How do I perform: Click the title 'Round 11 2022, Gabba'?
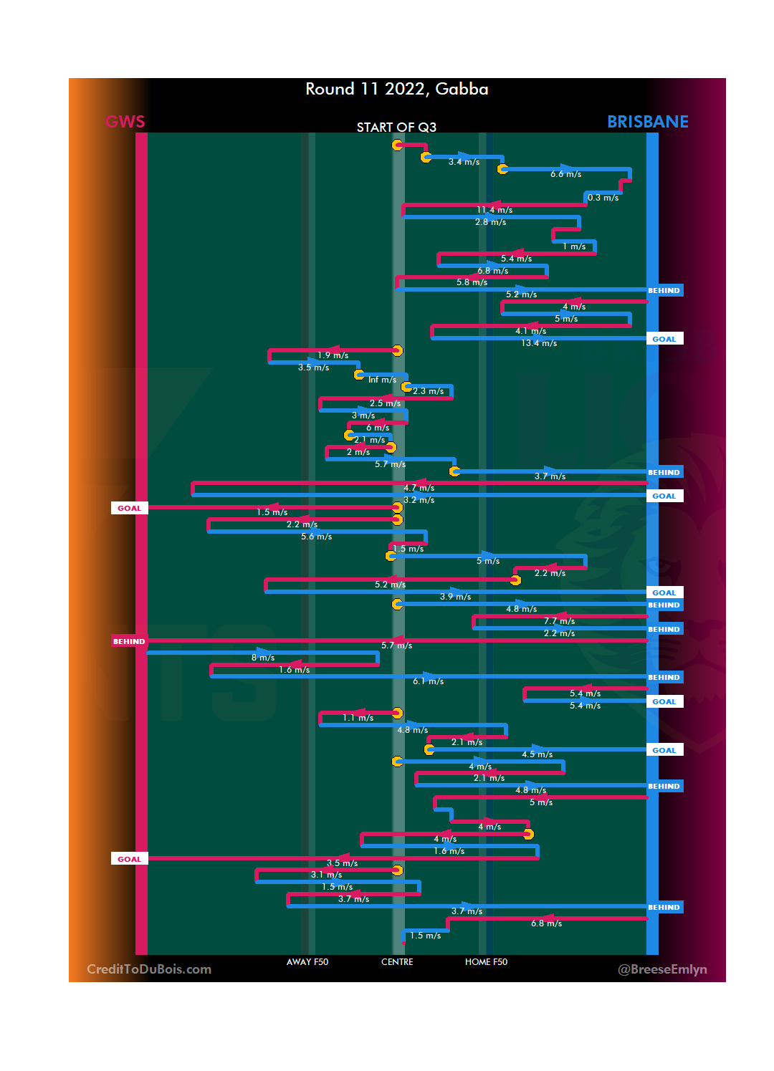[396, 89]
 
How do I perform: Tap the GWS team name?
[125, 122]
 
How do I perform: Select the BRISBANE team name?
[647, 122]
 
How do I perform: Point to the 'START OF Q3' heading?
[396, 128]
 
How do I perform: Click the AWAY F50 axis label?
[307, 962]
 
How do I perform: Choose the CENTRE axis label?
[397, 962]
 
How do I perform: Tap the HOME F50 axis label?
[486, 962]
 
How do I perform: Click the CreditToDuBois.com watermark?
[149, 969]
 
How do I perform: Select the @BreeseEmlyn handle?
[662, 969]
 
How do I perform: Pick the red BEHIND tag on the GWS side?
[129, 641]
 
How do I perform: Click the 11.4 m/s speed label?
[494, 210]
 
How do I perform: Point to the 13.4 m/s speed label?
[539, 343]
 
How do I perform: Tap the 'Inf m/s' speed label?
[382, 380]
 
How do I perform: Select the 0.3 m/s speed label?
[603, 198]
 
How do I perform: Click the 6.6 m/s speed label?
[565, 174]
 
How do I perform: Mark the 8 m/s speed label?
[263, 658]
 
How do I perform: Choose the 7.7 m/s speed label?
[559, 621]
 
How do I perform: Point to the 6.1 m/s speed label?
[428, 681]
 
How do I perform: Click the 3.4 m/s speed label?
[464, 162]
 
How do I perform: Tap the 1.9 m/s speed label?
[333, 355]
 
